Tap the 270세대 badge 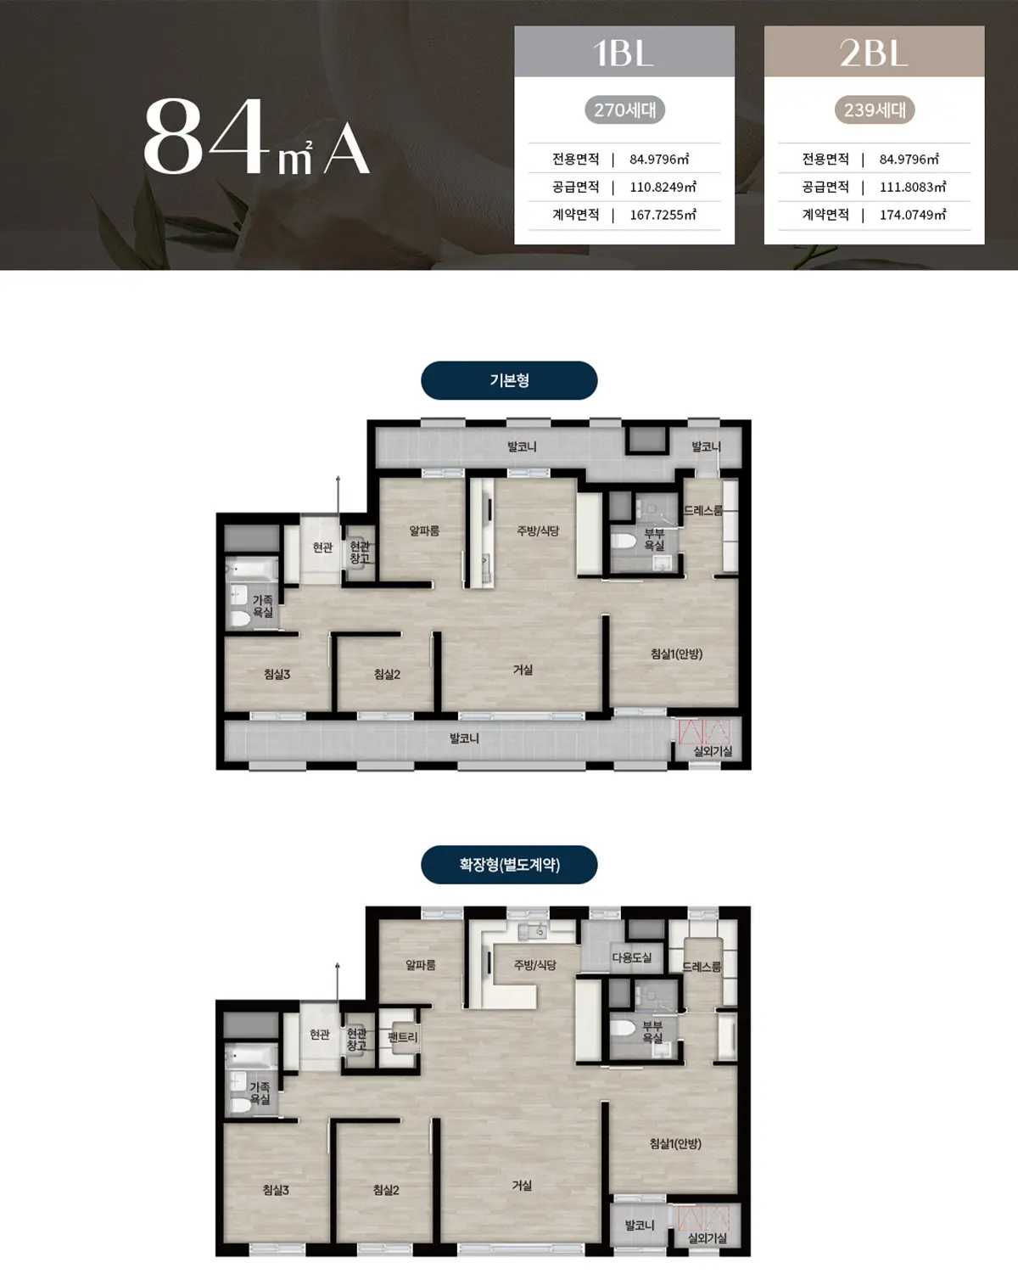(x=624, y=109)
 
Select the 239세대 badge (x=875, y=109)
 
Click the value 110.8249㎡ (x=663, y=187)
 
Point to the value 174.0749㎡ (x=913, y=215)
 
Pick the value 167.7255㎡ (x=663, y=215)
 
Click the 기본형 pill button (x=509, y=380)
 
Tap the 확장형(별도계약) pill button (x=509, y=865)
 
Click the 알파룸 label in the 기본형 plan (x=424, y=530)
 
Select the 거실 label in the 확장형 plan (x=522, y=1186)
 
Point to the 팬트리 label (x=402, y=1037)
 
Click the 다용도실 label (x=632, y=957)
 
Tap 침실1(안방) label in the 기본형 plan (x=676, y=654)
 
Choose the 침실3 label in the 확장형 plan (x=276, y=1190)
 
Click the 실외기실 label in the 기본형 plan (x=713, y=751)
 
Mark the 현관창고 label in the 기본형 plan (x=360, y=553)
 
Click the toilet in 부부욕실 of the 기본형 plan (x=624, y=542)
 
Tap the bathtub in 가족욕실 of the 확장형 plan (x=251, y=1058)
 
